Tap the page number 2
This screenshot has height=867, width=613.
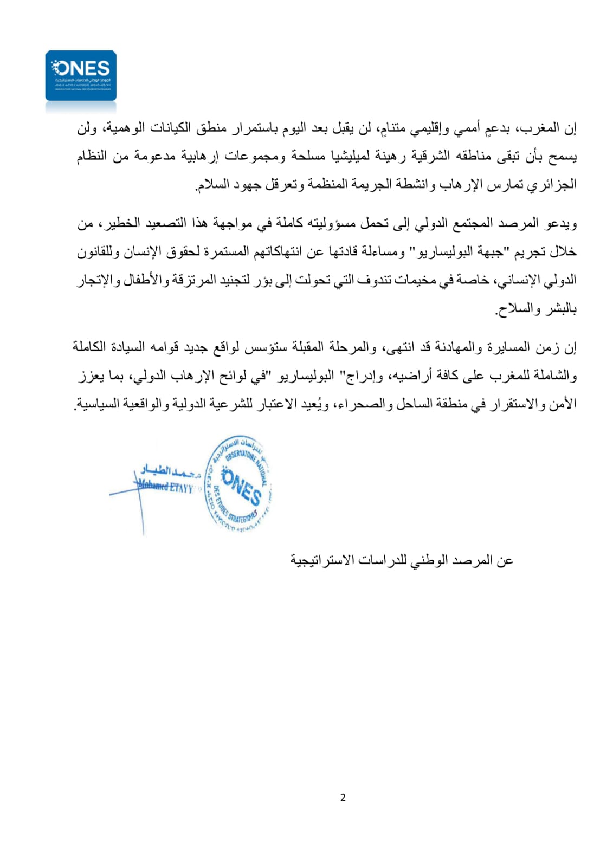343,798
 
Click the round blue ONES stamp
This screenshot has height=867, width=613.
238,483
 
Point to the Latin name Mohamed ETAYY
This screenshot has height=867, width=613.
166,487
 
